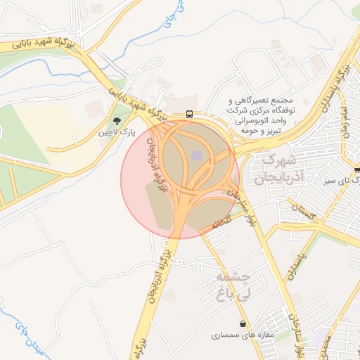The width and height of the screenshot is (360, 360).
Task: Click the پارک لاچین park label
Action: click(x=115, y=132)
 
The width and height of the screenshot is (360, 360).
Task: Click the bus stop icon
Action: click(x=190, y=114)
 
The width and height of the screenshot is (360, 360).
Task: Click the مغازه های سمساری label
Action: click(x=242, y=335)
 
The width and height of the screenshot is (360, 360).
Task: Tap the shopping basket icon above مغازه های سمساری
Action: click(x=243, y=325)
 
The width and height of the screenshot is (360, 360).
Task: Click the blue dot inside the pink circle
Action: click(x=196, y=155)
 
